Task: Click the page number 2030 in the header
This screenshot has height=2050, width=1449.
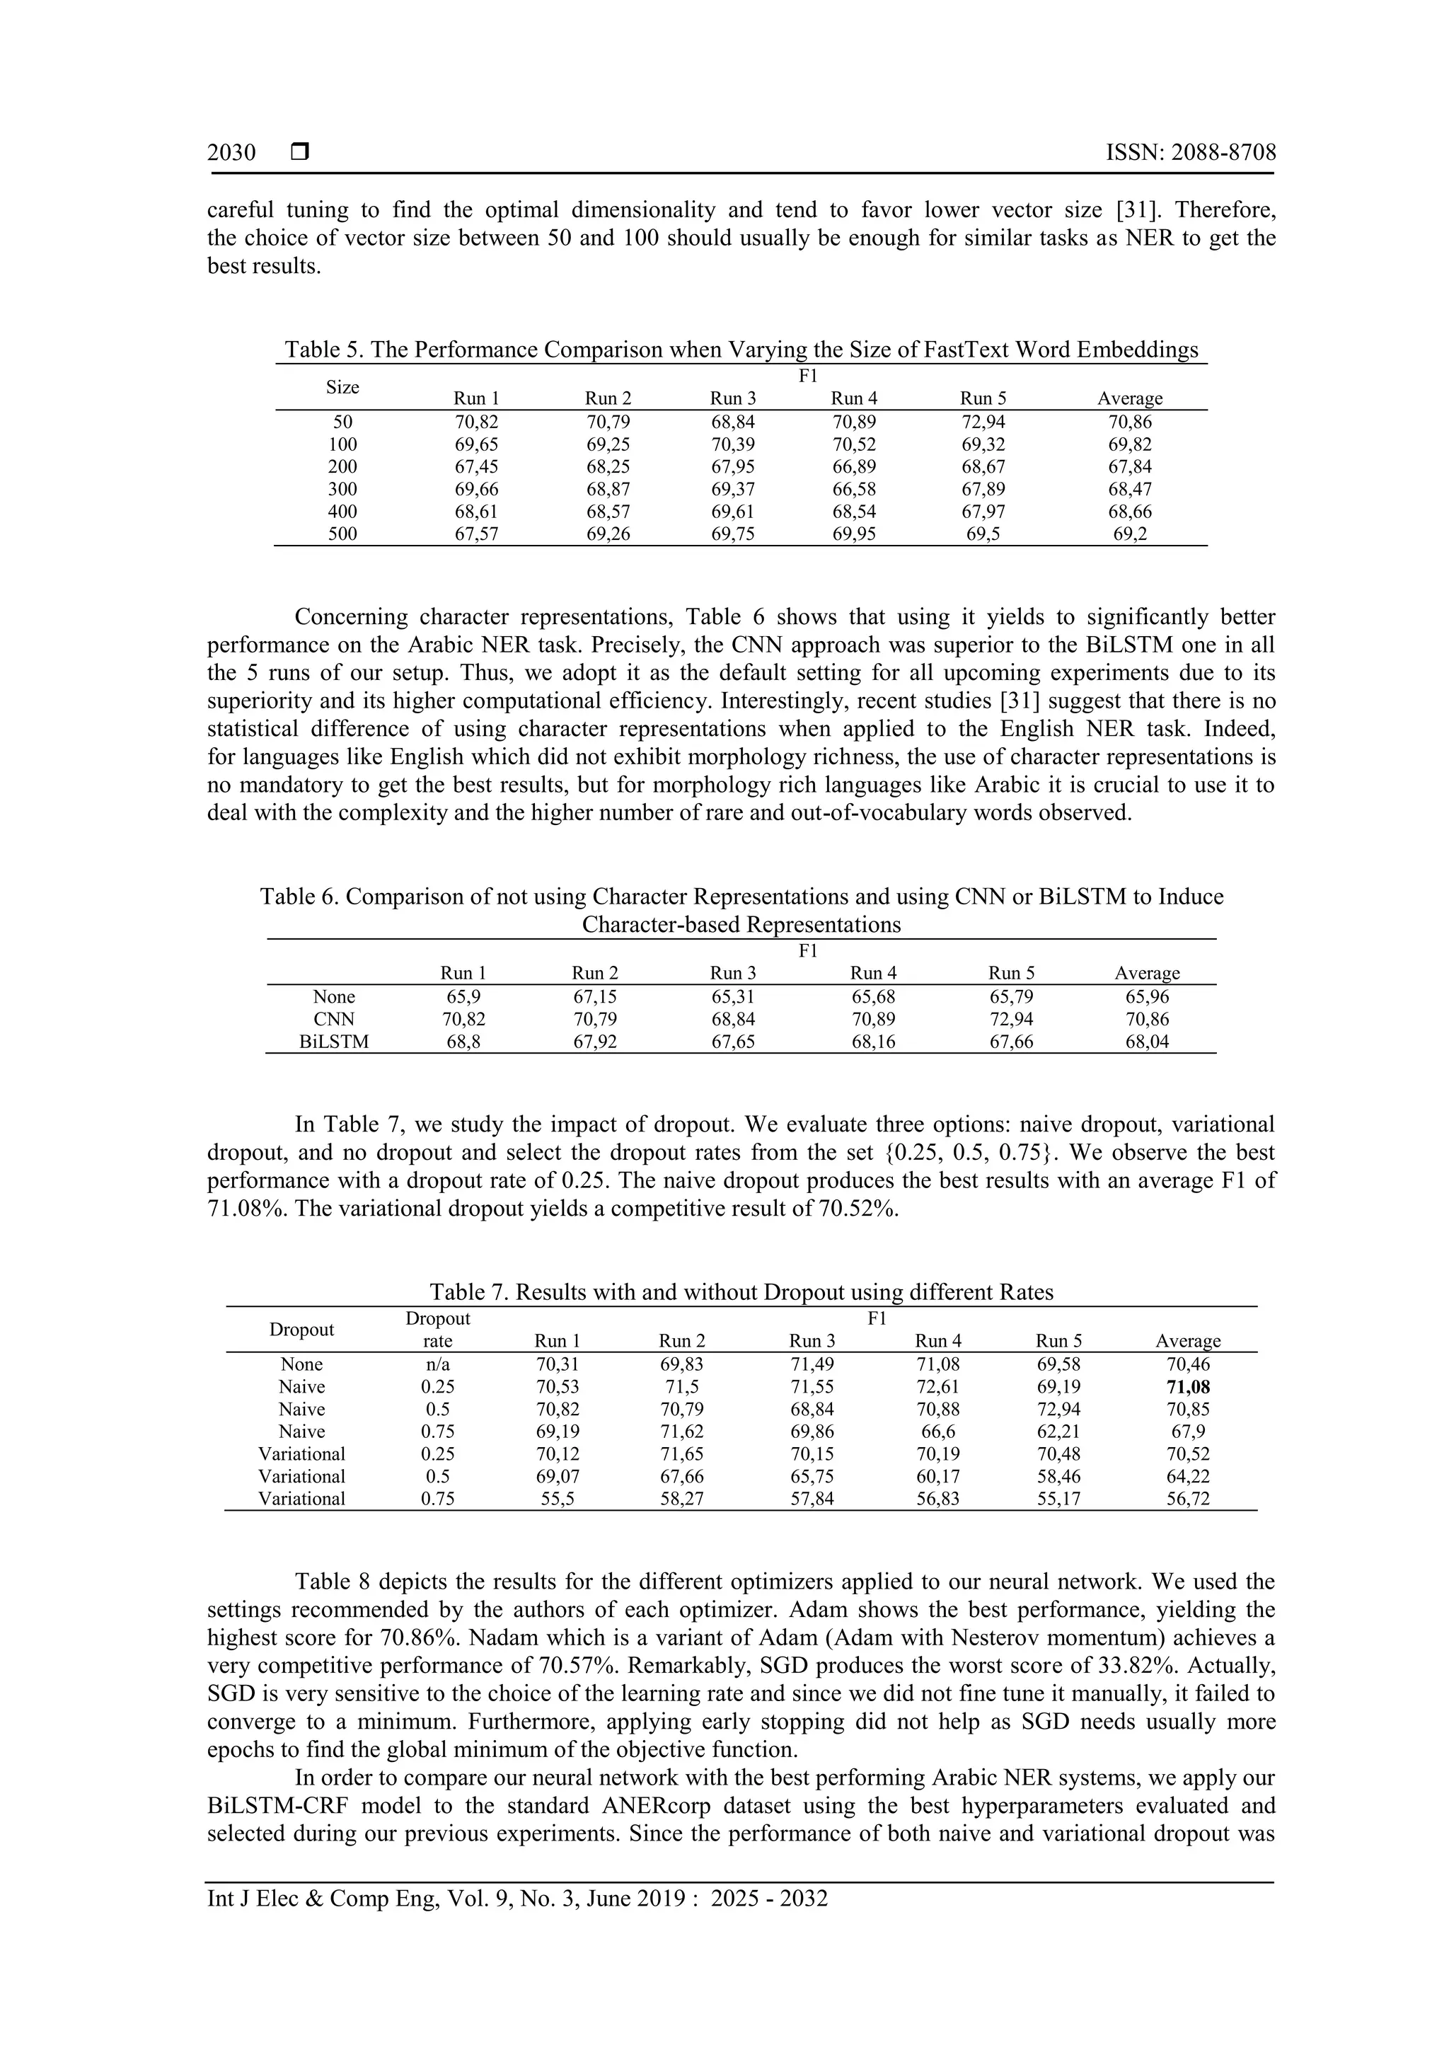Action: pos(231,153)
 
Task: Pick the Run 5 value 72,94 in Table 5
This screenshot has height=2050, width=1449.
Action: pos(983,422)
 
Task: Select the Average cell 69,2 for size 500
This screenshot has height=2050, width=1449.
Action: pos(1129,534)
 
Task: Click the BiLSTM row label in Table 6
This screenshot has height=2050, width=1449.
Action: pos(334,1041)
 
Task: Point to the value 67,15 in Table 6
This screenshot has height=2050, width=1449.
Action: pos(594,996)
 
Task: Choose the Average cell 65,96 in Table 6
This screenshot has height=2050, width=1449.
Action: pos(1146,996)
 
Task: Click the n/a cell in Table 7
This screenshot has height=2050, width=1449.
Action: pos(437,1364)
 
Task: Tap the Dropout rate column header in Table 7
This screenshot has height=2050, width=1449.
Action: pos(437,1330)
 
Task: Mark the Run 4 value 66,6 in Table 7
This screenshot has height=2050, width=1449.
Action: pos(937,1432)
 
